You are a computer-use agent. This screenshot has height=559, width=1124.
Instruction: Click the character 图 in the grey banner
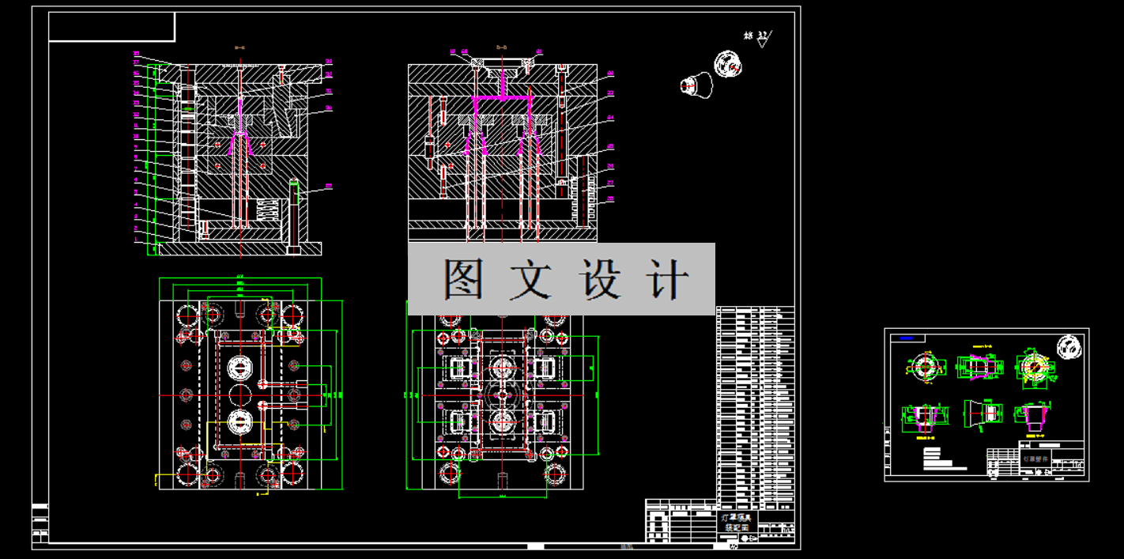463,278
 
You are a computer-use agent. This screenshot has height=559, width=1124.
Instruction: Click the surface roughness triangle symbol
764,40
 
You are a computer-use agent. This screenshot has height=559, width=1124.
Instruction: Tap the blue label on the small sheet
907,338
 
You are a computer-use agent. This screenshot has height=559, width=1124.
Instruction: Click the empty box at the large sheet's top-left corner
111,26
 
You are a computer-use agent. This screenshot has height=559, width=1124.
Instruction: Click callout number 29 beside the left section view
328,187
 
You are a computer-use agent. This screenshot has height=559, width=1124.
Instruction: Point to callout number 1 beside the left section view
136,238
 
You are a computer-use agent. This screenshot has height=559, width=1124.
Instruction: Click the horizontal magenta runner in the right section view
502,98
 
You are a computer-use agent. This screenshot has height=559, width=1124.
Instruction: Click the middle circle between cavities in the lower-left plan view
240,394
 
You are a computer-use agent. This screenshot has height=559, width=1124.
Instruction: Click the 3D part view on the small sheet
1069,346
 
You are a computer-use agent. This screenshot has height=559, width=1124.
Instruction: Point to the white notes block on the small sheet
944,458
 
